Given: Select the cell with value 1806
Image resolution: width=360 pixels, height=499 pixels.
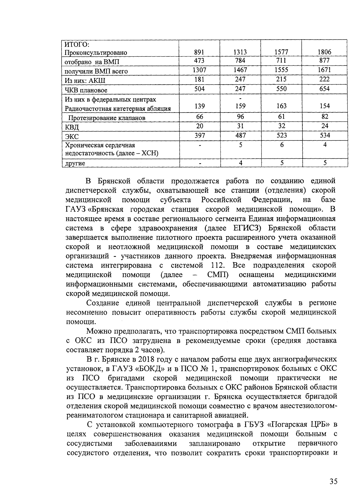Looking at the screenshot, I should click(x=324, y=52).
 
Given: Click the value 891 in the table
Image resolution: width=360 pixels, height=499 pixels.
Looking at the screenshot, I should click(x=199, y=52).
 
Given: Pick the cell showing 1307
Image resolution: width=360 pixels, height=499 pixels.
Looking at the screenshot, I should click(x=199, y=70).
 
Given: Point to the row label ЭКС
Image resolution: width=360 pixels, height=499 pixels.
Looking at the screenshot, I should click(x=72, y=137).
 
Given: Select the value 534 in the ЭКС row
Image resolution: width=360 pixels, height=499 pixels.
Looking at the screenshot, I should click(x=325, y=135).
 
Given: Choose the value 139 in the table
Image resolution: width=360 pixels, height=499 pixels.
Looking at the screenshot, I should click(x=199, y=106).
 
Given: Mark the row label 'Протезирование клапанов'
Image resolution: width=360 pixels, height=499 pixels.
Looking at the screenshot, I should click(x=107, y=118).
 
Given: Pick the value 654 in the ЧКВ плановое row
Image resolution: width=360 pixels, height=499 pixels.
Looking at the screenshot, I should click(x=325, y=89).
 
